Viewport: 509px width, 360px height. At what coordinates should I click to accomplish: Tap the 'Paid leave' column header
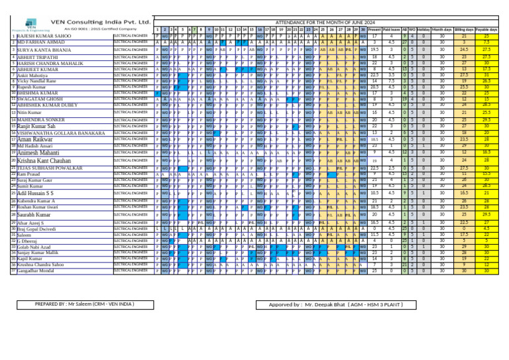(x=392, y=30)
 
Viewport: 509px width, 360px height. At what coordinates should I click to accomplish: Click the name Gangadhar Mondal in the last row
(x=37, y=270)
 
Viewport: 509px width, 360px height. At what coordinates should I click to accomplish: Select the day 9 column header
(x=209, y=30)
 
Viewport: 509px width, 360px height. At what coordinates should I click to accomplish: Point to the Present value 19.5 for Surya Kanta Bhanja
(x=374, y=50)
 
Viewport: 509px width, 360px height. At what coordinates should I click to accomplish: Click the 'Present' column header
(x=374, y=30)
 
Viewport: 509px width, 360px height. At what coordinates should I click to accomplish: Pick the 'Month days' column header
(x=441, y=30)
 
